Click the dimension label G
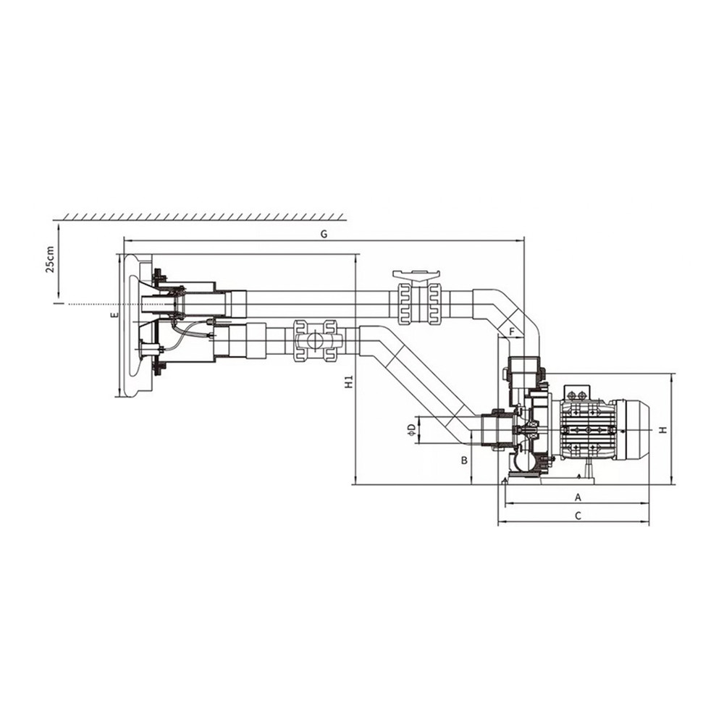pos(324,234)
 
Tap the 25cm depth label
pos(50,259)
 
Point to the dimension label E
pos(115,316)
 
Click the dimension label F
pos(512,332)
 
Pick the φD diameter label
pos(411,429)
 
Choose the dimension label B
pos(465,460)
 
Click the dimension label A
pos(577,497)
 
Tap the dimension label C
pos(578,515)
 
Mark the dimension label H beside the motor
pos(663,430)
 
